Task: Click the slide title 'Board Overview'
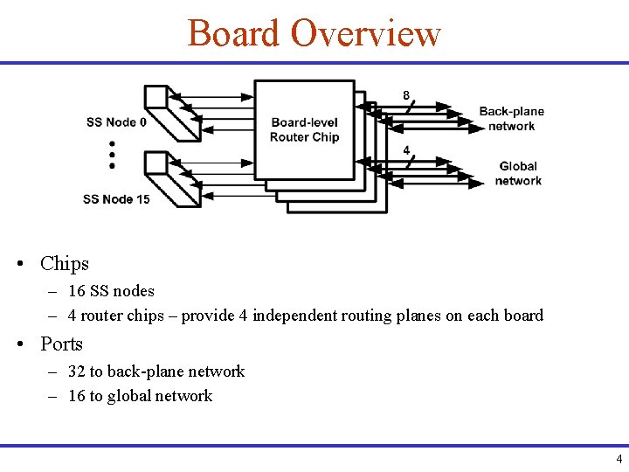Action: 314,33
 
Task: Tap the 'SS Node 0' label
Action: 116,122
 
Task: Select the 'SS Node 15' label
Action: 116,199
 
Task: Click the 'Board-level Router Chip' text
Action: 304,129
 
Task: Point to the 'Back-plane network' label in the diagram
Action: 511,119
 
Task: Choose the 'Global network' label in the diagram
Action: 518,173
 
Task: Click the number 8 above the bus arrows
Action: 405,94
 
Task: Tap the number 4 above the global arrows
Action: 406,150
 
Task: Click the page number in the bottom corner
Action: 619,459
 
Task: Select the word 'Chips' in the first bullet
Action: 65,263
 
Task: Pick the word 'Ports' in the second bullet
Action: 61,344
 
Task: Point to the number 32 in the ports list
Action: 77,371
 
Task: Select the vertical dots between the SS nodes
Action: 113,154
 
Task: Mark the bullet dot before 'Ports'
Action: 18,344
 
